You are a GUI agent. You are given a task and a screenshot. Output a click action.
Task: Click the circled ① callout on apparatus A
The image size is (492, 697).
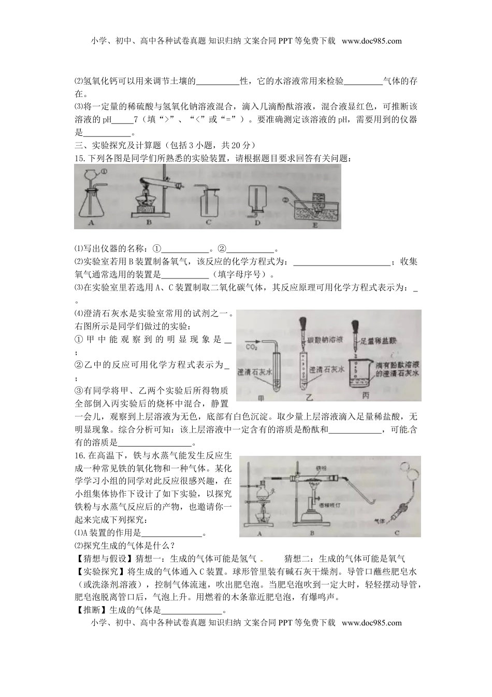pos(104,172)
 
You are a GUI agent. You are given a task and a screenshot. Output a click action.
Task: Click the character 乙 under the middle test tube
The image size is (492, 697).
pos(310,398)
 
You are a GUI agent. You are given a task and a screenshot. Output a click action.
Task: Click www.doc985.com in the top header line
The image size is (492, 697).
pos(371,41)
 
